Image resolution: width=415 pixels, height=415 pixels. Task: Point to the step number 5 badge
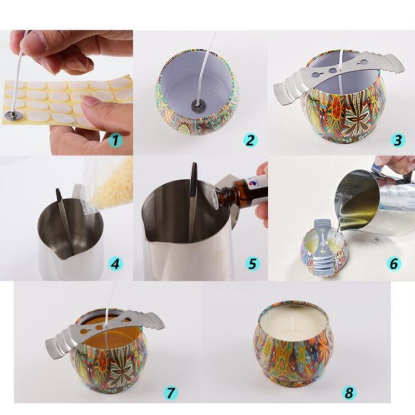click(252, 264)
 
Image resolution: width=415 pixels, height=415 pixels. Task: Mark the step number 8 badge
click(349, 393)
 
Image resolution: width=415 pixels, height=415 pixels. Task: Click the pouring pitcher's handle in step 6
click(394, 171)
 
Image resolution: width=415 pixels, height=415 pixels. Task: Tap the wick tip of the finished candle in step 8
click(296, 322)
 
